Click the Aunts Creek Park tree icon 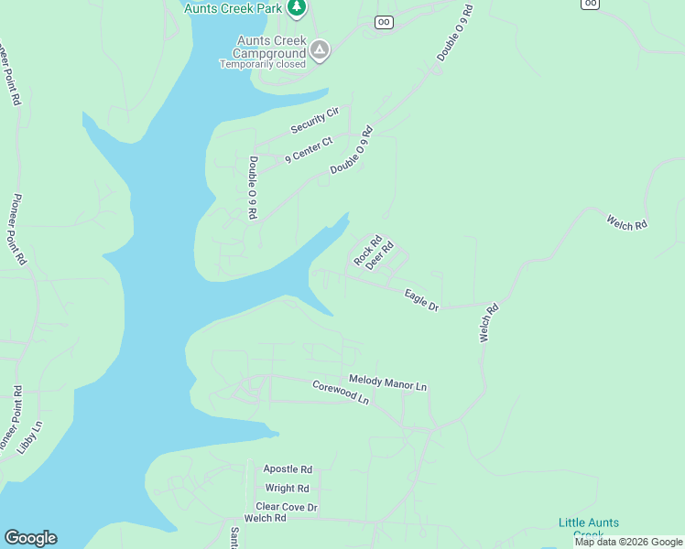click(296, 8)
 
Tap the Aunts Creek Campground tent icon click(319, 50)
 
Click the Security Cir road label click(315, 120)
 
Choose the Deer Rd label click(379, 255)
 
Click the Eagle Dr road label click(422, 299)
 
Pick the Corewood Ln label click(340, 393)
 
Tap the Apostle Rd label click(288, 468)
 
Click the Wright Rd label click(288, 489)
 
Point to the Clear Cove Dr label click(287, 507)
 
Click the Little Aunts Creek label click(589, 529)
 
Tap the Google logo click(30, 538)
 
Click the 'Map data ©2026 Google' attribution click(629, 542)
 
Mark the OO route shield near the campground click(384, 22)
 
